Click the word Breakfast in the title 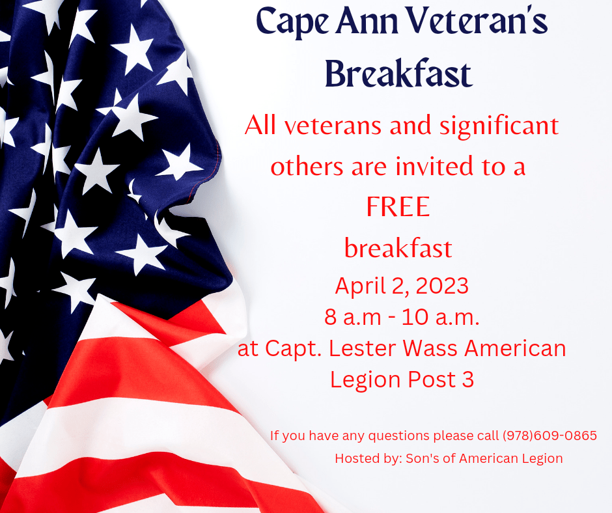click(x=398, y=74)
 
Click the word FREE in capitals click(x=398, y=206)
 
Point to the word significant click(x=499, y=126)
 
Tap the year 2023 click(x=442, y=286)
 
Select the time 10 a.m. click(x=440, y=317)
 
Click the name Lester click(x=362, y=348)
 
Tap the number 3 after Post click(x=468, y=379)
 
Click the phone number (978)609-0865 click(x=549, y=436)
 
